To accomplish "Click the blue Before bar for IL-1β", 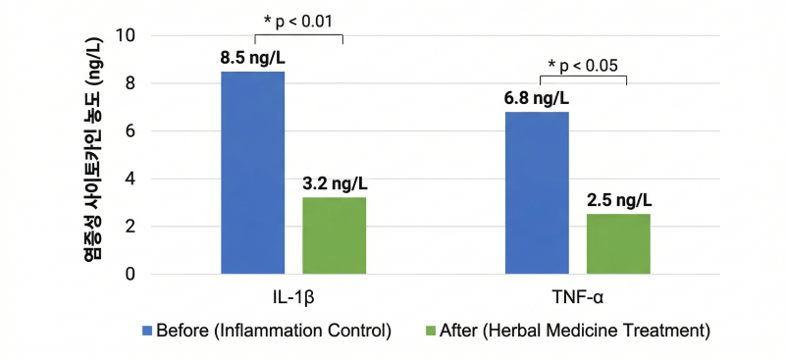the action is pyautogui.click(x=253, y=173).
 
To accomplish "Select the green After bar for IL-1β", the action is pyautogui.click(x=335, y=235).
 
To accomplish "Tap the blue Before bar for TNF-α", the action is pyautogui.click(x=537, y=193).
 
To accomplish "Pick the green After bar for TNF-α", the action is pyautogui.click(x=619, y=244).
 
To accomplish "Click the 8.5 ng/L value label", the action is pyautogui.click(x=253, y=59).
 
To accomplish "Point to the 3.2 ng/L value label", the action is pyautogui.click(x=335, y=184).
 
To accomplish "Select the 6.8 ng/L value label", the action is pyautogui.click(x=537, y=99).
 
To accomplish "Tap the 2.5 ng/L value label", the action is pyautogui.click(x=619, y=200).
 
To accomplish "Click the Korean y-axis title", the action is pyautogui.click(x=92, y=148).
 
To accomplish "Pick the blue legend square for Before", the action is pyautogui.click(x=147, y=331).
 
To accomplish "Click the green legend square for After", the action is pyautogui.click(x=430, y=331).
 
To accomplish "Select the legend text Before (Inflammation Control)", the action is pyautogui.click(x=274, y=332).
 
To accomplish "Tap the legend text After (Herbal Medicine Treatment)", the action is pyautogui.click(x=575, y=332).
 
